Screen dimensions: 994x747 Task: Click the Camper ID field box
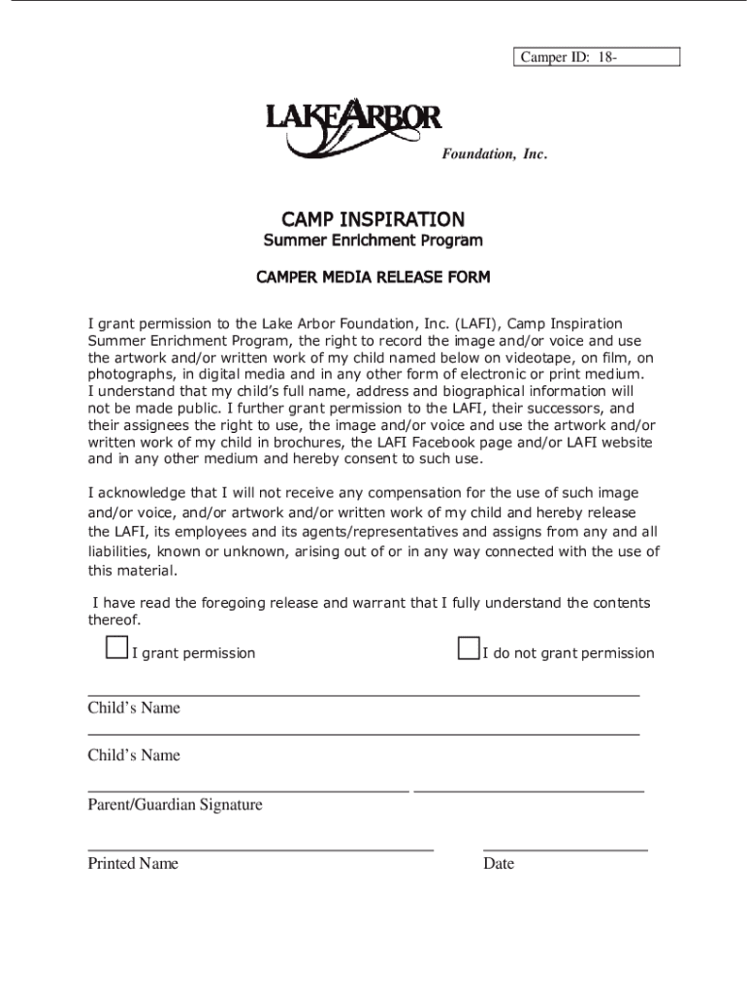596,57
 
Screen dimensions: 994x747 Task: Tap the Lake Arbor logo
353,124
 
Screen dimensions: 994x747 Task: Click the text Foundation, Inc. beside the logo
495,153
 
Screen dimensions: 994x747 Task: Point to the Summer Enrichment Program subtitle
373,240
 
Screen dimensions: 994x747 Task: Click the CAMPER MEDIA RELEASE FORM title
373,278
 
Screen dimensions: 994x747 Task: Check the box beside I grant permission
116,648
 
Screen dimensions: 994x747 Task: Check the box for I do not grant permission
468,648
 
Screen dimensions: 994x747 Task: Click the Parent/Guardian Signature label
175,805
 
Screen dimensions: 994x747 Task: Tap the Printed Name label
133,863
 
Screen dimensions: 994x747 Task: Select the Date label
499,863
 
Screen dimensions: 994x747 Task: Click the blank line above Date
565,849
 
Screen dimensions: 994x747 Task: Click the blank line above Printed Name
260,849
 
